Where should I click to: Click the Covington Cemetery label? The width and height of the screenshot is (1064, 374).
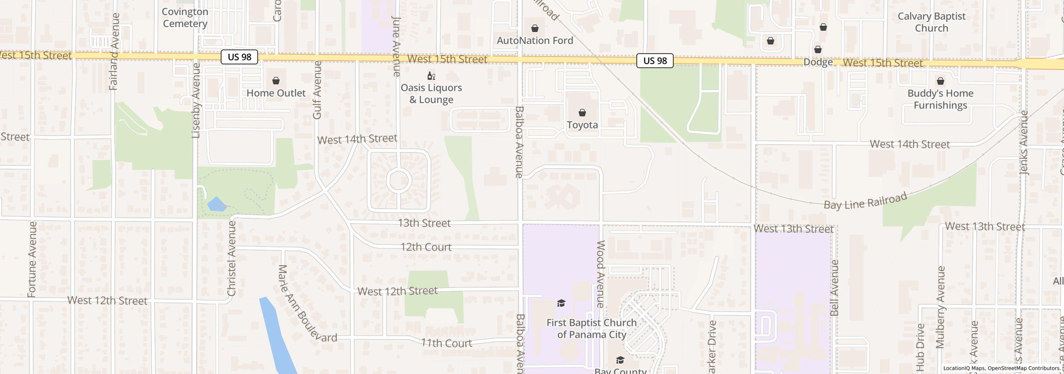[x=185, y=18]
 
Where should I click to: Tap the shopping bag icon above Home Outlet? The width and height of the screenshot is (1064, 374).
[x=276, y=81]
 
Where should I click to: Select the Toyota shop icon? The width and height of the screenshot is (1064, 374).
[x=582, y=113]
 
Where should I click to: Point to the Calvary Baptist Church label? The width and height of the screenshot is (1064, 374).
[x=931, y=22]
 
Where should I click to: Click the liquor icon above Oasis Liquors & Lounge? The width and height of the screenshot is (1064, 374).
[x=431, y=76]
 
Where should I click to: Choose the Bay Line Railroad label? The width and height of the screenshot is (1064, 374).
[x=865, y=202]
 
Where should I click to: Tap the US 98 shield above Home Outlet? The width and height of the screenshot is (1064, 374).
[x=239, y=57]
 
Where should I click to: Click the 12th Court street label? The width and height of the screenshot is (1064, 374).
[x=426, y=247]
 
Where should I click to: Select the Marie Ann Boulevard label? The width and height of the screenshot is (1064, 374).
[x=307, y=303]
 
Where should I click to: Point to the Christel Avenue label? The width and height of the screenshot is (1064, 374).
[x=232, y=258]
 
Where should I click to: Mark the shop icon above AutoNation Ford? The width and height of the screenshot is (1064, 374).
[x=535, y=29]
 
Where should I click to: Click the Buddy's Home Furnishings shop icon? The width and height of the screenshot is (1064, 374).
[x=940, y=81]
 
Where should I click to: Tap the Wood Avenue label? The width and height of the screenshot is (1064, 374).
[x=601, y=274]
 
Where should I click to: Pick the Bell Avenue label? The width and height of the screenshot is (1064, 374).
[x=834, y=288]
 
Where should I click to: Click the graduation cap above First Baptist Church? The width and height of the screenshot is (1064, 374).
[x=561, y=303]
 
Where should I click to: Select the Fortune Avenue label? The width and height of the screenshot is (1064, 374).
[x=32, y=259]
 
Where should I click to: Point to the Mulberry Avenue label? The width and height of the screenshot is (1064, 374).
[x=940, y=307]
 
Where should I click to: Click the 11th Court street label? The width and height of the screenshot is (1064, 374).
[x=446, y=343]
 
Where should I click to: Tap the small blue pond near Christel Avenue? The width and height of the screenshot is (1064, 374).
[x=217, y=204]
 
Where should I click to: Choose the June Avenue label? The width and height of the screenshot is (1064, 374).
[x=396, y=46]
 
